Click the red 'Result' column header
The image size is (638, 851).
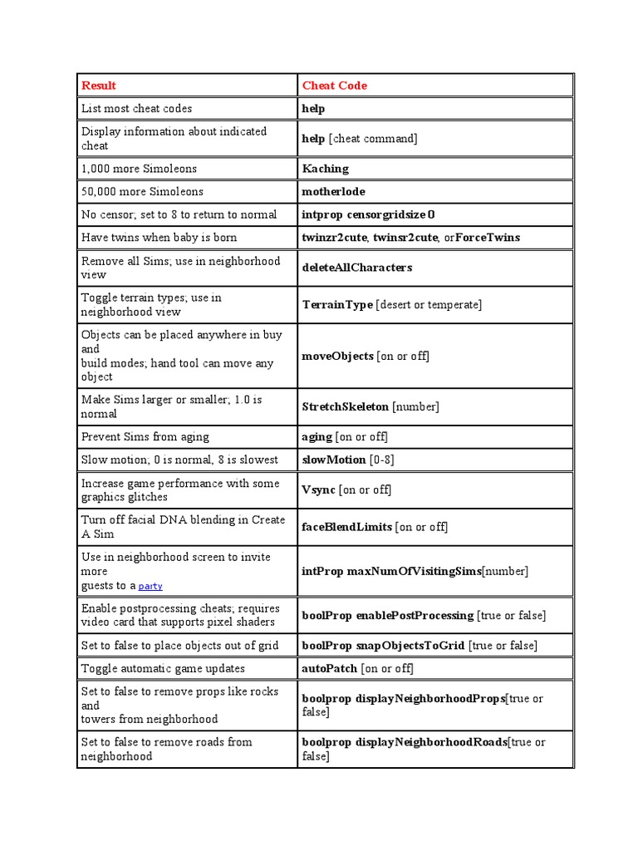98,86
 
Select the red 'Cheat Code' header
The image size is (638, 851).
334,86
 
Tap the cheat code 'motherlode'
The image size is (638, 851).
333,191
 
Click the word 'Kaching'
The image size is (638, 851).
325,169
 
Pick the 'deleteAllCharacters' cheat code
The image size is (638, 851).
356,268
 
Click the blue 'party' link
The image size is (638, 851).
150,586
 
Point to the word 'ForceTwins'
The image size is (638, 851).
488,238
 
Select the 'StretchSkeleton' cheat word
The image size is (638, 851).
345,406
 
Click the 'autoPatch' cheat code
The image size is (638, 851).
329,668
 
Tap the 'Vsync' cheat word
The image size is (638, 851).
318,489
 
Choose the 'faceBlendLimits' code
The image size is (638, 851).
346,527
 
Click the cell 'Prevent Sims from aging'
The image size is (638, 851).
145,436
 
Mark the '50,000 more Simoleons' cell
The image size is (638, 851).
142,191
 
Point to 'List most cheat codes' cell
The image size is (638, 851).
136,109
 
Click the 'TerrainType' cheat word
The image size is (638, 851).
337,305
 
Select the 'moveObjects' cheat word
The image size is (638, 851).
337,356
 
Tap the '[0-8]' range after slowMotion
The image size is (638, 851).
381,460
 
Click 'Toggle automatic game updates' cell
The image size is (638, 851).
163,668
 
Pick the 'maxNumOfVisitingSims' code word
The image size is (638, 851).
414,571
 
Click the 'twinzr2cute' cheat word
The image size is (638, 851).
334,238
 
